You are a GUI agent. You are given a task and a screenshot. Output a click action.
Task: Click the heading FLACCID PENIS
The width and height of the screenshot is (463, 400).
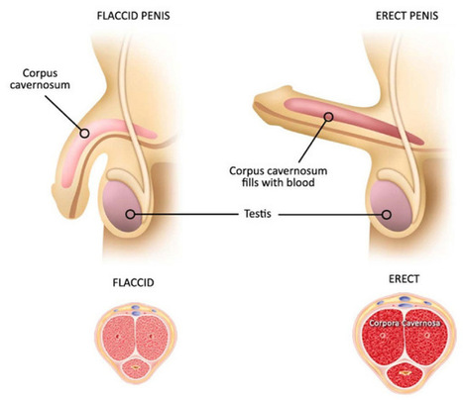(x=133, y=16)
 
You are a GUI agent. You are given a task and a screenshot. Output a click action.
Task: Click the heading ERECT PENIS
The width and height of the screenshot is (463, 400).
(x=406, y=16)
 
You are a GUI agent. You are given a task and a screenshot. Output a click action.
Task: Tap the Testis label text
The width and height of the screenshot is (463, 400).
(x=258, y=214)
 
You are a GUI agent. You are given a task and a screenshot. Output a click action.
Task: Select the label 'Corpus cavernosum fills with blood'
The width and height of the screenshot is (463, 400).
(x=279, y=176)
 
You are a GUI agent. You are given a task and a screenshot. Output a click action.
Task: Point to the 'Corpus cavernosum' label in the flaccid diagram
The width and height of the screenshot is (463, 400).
(x=40, y=79)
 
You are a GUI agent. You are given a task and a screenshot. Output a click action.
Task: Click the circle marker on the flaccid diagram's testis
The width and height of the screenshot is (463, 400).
(x=131, y=214)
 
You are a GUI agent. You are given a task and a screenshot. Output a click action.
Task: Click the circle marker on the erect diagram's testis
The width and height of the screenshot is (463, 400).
(x=386, y=215)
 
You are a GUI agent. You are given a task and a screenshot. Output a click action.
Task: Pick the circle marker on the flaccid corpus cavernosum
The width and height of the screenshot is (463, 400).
(x=85, y=133)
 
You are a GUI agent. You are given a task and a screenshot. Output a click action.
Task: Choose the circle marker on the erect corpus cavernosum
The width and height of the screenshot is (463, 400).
(x=328, y=117)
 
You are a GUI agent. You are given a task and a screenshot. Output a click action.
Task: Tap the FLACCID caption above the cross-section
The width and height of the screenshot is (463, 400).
(x=133, y=283)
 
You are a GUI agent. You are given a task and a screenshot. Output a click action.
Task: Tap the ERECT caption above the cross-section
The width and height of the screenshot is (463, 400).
(x=404, y=279)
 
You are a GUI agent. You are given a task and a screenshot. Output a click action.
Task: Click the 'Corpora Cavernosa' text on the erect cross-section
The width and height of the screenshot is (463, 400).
(x=405, y=323)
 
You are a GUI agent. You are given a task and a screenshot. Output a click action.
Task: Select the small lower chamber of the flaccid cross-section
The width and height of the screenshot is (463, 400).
(x=136, y=368)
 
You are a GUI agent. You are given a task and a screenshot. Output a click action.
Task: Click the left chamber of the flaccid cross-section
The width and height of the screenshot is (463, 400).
(x=118, y=337)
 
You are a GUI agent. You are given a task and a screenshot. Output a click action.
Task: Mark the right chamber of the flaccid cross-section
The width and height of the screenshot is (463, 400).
(x=153, y=337)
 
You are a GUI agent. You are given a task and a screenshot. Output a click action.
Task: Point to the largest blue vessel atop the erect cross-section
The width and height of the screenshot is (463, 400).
(x=404, y=299)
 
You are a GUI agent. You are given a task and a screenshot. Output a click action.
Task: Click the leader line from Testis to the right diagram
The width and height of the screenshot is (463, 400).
(x=330, y=215)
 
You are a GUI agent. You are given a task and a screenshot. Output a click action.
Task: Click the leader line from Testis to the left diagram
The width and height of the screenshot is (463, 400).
(x=186, y=214)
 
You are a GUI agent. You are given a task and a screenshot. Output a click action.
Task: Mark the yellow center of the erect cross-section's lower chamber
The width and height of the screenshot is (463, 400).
(x=404, y=373)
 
